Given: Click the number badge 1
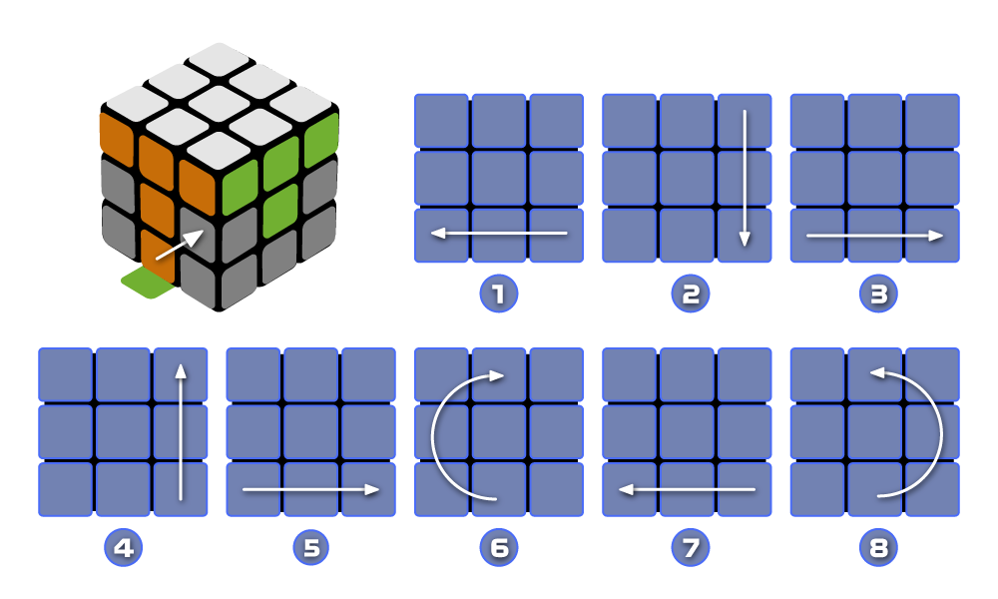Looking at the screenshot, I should click(499, 294).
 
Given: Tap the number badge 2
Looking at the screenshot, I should click(687, 294).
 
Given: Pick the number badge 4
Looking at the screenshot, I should click(123, 547).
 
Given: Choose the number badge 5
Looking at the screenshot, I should click(310, 547).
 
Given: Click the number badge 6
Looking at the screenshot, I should click(499, 547).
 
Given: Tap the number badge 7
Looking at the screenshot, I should click(687, 547).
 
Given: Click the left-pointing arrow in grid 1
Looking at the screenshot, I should click(499, 234).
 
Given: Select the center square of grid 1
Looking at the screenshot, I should click(499, 178).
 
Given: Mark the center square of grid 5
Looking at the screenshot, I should click(310, 431).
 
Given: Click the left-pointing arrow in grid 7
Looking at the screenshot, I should click(687, 489).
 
